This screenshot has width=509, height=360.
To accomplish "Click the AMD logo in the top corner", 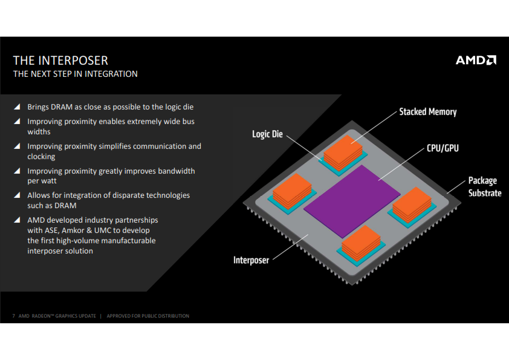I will pyautogui.click(x=476, y=60).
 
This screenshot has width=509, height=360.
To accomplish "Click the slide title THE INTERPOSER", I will pyautogui.click(x=60, y=61).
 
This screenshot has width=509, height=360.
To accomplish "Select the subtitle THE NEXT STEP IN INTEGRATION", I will pyautogui.click(x=76, y=74).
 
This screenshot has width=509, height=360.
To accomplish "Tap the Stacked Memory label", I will pyautogui.click(x=427, y=112).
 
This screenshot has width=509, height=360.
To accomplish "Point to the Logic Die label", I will pyautogui.click(x=267, y=134).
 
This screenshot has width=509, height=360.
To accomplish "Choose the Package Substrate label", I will pyautogui.click(x=484, y=186).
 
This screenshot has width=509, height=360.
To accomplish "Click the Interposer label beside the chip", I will pyautogui.click(x=251, y=260).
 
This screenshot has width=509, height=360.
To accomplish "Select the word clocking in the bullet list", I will pyautogui.click(x=41, y=156).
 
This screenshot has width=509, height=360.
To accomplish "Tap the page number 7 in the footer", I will pyautogui.click(x=13, y=316).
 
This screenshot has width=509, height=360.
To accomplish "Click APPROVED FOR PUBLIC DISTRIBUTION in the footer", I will pyautogui.click(x=148, y=316).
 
